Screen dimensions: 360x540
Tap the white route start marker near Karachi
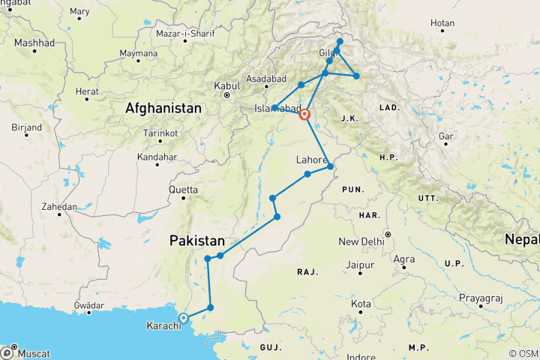point(183,318)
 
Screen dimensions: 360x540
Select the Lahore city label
point(311,160)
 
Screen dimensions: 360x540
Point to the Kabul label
point(226,86)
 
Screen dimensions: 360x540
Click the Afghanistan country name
point(163,109)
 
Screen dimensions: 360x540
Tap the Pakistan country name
point(197,241)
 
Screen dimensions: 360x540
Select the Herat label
point(87,91)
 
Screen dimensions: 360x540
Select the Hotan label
point(442,23)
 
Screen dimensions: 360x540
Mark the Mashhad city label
point(34,43)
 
